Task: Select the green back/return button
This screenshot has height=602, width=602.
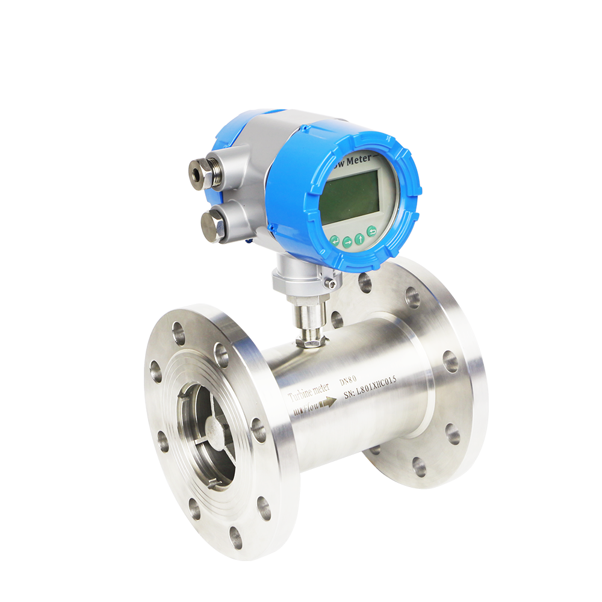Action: tap(371, 231)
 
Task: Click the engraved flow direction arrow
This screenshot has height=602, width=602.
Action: tap(327, 403)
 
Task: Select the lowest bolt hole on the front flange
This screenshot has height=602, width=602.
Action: tap(235, 538)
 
